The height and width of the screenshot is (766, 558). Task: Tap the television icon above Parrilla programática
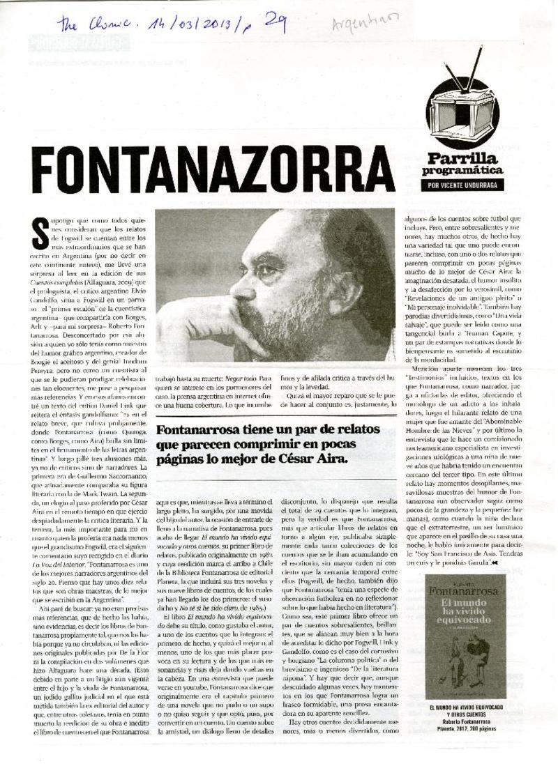(x=464, y=112)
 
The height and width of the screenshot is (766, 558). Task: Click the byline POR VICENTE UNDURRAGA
(x=465, y=186)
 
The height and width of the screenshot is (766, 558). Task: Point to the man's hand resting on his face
(x=192, y=324)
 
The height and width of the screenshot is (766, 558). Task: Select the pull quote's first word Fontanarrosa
(x=197, y=429)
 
